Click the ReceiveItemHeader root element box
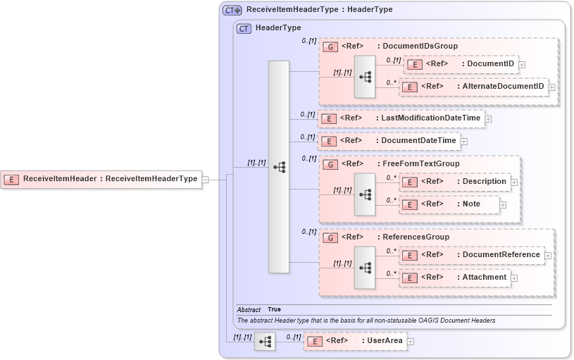pos(101,179)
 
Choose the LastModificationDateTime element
pos(401,118)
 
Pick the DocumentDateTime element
pos(389,141)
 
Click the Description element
pos(455,182)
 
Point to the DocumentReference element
pos(472,255)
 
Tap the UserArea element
pos(355,341)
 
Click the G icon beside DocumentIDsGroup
pos(330,46)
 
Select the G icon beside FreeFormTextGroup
pos(330,164)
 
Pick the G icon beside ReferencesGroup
pos(330,237)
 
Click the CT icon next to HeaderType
pos(244,28)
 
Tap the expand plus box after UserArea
pos(411,342)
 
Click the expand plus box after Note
pos(503,205)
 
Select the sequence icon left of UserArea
pos(265,342)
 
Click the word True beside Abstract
pos(274,310)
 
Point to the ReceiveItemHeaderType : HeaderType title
pos(319,10)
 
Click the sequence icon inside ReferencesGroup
pos(365,267)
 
